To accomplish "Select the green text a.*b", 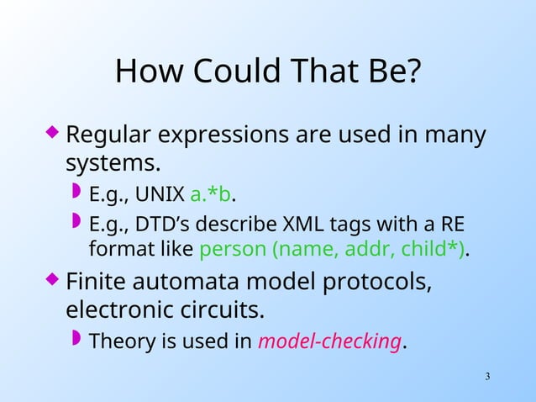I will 211,195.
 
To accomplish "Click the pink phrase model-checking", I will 329,341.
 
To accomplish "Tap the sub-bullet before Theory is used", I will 76,339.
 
